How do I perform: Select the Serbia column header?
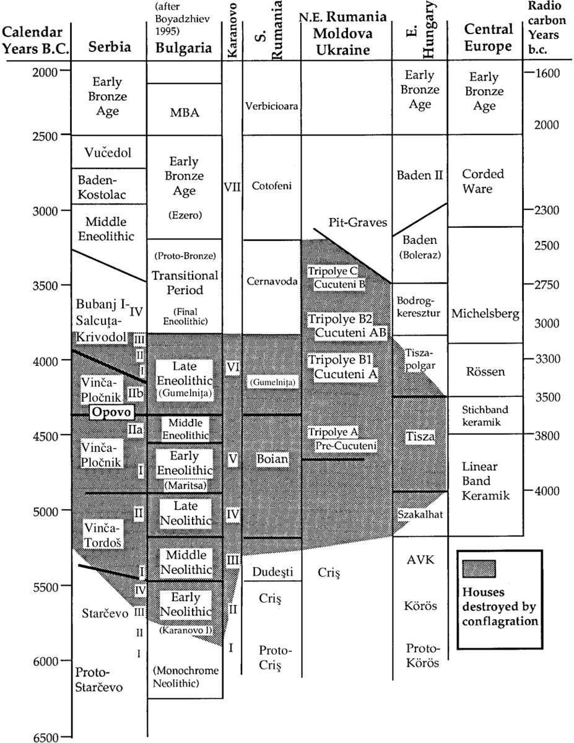click(108, 46)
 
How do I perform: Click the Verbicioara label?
click(271, 106)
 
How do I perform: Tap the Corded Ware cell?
click(483, 181)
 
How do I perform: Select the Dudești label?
click(271, 572)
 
